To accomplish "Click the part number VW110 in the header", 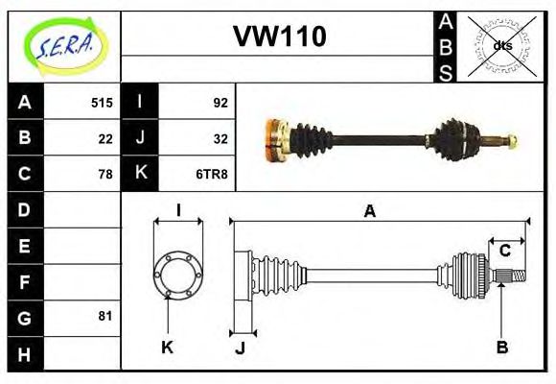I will click(x=280, y=36).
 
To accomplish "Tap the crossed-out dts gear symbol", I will click(x=502, y=45).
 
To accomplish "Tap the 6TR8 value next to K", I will click(x=211, y=174).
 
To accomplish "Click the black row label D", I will click(x=25, y=209).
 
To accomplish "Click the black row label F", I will click(x=25, y=281).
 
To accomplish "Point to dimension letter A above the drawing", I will click(x=370, y=210).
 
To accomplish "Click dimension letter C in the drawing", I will click(x=504, y=252).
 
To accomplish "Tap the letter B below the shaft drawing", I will click(x=501, y=347).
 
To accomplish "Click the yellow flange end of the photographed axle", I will click(x=274, y=138).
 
